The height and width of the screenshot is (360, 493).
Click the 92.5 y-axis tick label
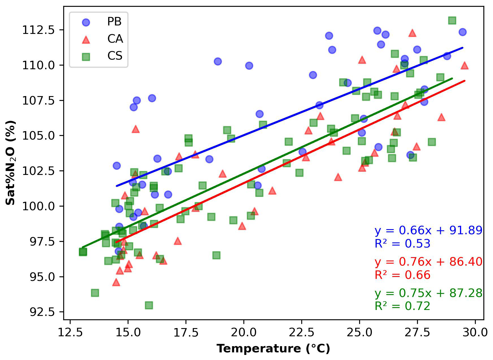coord(42,312)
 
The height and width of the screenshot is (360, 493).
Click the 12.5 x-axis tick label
coord(70,332)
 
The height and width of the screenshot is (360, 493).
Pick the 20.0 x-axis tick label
coord(244,332)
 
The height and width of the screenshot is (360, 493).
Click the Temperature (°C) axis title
coord(273,349)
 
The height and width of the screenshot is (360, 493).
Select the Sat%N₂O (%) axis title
coord(11,163)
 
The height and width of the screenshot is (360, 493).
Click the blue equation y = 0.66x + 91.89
coord(428,231)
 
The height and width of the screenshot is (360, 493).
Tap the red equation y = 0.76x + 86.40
coord(428,262)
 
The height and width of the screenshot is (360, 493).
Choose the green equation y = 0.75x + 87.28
coord(428,293)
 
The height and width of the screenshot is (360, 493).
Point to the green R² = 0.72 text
coord(402,306)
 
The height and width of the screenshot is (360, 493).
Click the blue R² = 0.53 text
coord(402,244)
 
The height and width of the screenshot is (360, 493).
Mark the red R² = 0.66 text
coord(402,275)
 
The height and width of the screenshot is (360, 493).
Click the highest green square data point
coord(452,20)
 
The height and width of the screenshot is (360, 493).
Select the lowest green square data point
coord(149,305)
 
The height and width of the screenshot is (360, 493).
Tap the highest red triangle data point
coord(412,33)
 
